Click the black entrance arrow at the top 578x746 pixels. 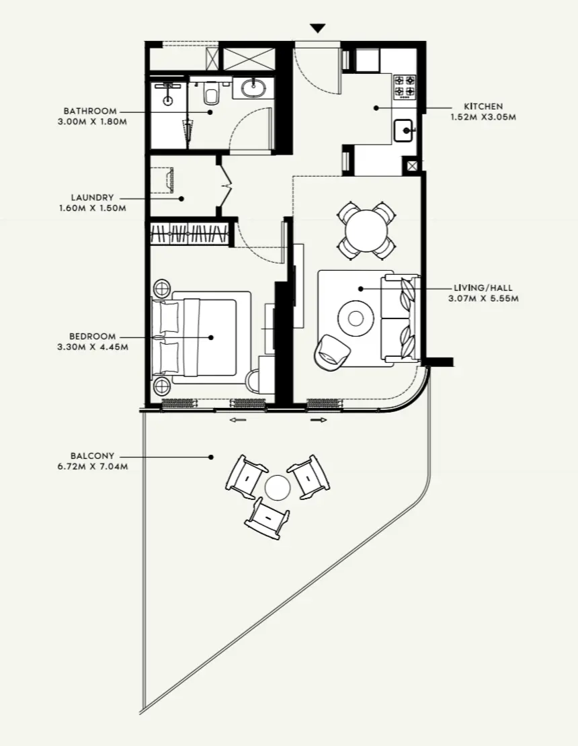tap(318, 28)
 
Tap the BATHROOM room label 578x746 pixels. tap(90, 111)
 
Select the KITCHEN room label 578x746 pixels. tap(483, 106)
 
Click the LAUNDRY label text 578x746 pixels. tap(92, 198)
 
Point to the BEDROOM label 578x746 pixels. tap(92, 336)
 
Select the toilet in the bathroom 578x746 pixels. tap(211, 95)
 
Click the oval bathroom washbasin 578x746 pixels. tap(253, 88)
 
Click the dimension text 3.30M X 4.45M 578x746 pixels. tap(92, 347)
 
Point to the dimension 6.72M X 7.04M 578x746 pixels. tap(92, 466)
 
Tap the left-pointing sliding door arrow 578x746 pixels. tap(237, 420)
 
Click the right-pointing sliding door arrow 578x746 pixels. tap(319, 420)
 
